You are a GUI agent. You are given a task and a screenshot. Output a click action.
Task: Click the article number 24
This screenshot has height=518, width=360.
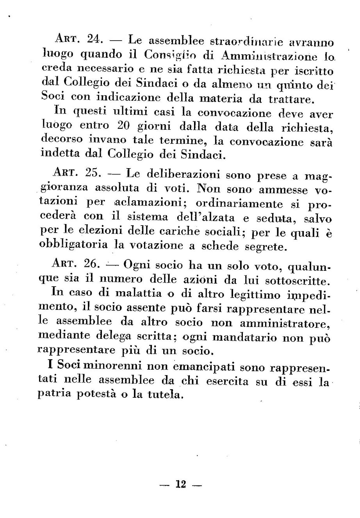pyautogui.click(x=94, y=40)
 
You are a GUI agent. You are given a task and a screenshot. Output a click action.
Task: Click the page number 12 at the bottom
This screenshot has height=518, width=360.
pyautogui.click(x=180, y=485)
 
